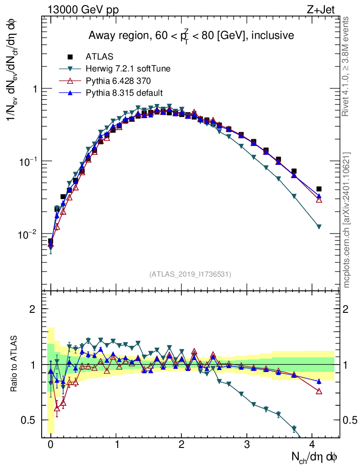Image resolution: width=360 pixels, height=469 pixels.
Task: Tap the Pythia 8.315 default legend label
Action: [x=124, y=93]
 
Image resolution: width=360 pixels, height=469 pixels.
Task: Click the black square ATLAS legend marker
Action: [x=70, y=57]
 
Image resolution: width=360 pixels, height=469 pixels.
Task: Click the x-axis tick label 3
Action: [x=247, y=444]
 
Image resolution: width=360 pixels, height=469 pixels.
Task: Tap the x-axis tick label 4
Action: [x=312, y=444]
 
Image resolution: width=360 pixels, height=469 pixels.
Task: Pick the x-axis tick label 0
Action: [x=50, y=444]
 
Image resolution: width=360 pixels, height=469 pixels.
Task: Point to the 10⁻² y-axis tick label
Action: [x=27, y=234]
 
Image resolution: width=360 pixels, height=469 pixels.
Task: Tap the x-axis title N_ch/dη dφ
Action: [x=316, y=457]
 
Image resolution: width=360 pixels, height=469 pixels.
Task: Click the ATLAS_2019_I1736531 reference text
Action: [x=190, y=274]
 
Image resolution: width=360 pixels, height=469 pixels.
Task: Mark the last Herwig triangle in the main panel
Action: [x=319, y=227]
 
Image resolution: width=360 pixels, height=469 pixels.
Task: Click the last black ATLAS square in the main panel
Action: [x=319, y=189]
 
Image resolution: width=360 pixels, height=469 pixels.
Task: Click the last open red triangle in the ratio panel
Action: [x=319, y=391]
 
